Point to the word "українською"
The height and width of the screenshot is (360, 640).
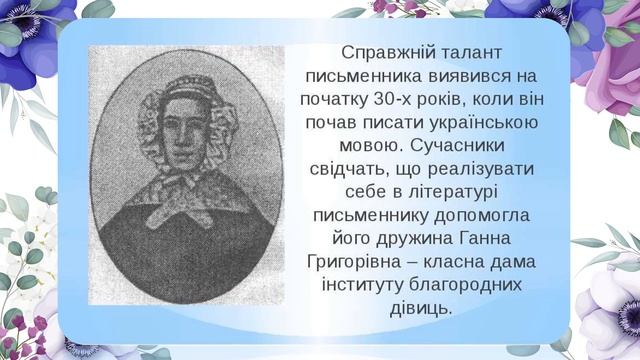point(478,123)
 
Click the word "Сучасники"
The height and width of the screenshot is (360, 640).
point(481,146)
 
